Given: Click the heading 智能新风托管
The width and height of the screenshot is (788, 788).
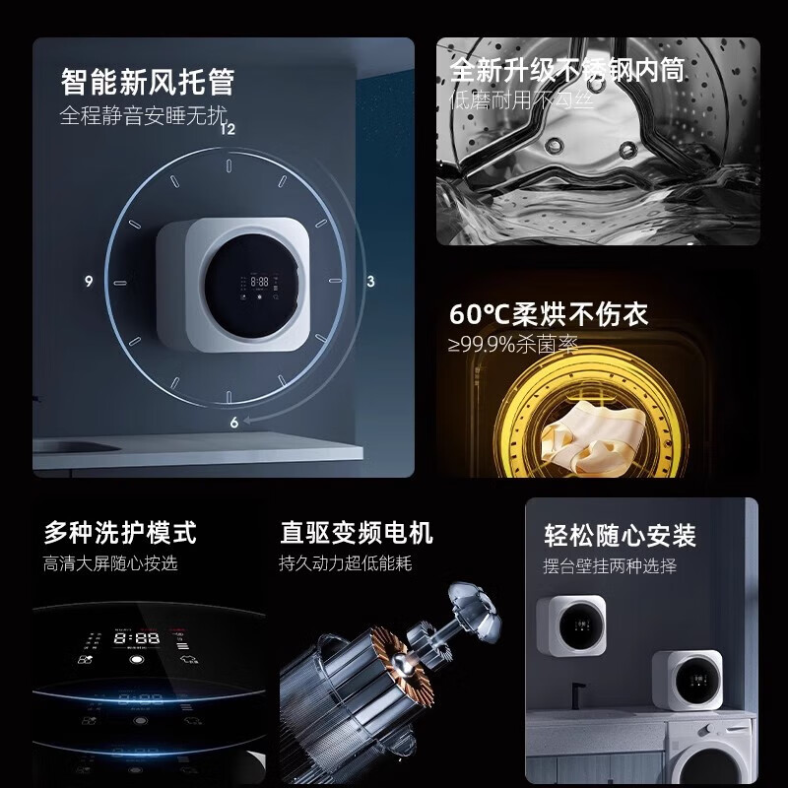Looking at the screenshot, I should [x=148, y=81].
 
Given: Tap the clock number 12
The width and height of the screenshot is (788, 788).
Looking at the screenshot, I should [x=229, y=128].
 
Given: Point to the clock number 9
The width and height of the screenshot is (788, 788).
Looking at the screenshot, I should [x=89, y=282].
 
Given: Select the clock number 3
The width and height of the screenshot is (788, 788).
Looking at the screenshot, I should [x=370, y=282].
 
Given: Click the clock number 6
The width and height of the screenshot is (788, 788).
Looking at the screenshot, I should [x=234, y=423].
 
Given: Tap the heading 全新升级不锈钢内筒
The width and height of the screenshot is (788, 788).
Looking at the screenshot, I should [x=567, y=70].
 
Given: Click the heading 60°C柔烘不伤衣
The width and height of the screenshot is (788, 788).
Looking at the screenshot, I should [x=549, y=315].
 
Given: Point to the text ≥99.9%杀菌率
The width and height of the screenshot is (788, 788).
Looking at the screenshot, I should [x=513, y=345].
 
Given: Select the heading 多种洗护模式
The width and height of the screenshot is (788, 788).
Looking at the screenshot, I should [x=120, y=533].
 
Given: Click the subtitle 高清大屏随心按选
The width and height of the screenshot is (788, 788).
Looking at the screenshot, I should [x=110, y=564].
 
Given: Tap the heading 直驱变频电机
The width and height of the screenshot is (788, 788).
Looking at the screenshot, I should [x=357, y=533].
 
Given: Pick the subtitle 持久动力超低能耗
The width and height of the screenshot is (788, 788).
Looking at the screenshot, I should [x=346, y=564].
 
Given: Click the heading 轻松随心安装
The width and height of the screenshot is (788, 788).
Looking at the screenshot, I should [x=621, y=536].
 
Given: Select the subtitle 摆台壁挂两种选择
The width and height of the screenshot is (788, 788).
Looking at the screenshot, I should [x=611, y=566].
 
